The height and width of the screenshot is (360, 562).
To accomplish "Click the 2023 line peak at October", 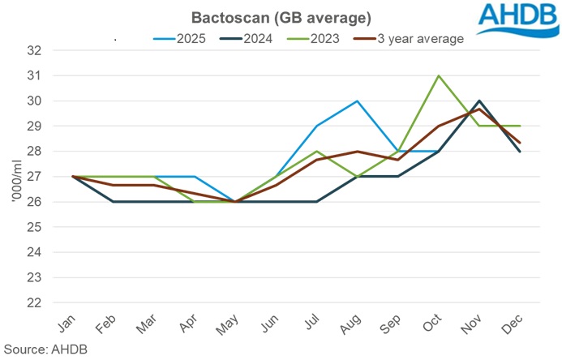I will (x=439, y=75).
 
